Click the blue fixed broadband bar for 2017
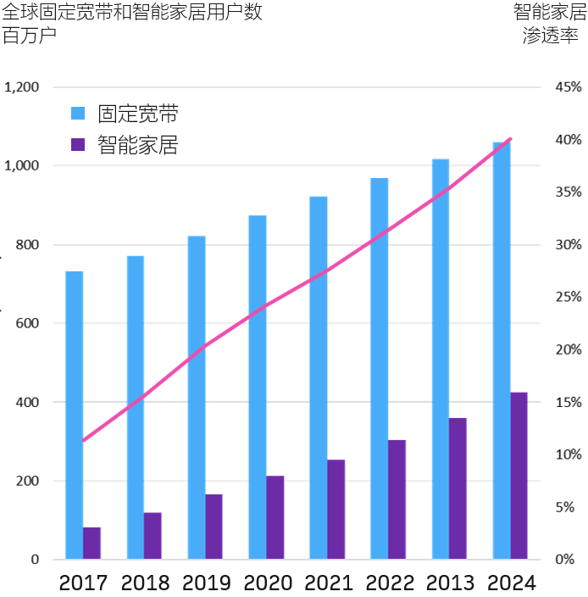pos(75,416)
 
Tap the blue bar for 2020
pos(258,388)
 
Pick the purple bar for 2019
pos(214,527)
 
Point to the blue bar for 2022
pos(380,369)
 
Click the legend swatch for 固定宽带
pos(78,114)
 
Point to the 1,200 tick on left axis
pos(22,87)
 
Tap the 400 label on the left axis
pos(27,402)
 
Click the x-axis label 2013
pos(450,583)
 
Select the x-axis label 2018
pos(146,583)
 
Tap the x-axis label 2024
pos(511,583)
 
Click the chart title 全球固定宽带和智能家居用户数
pos(132,13)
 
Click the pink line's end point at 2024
pos(510,138)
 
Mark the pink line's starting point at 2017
pos(83,441)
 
